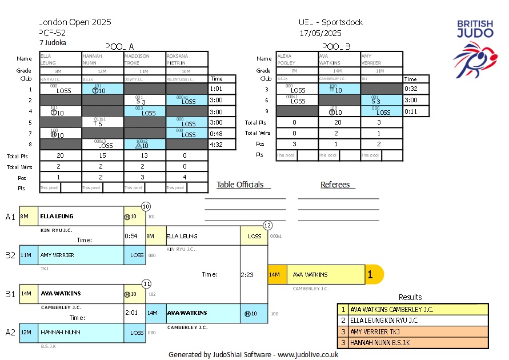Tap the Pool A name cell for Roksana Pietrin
[187, 59]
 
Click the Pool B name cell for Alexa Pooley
[296, 59]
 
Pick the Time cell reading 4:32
[217, 145]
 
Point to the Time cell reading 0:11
[411, 111]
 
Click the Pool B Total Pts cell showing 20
[339, 122]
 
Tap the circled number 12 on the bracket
[267, 226]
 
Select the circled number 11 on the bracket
[146, 283]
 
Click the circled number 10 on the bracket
[146, 206]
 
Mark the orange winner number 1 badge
[370, 275]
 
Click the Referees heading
[338, 185]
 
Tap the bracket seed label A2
[10, 332]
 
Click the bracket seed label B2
[10, 255]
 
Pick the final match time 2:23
[247, 274]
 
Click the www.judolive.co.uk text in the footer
[308, 354]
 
